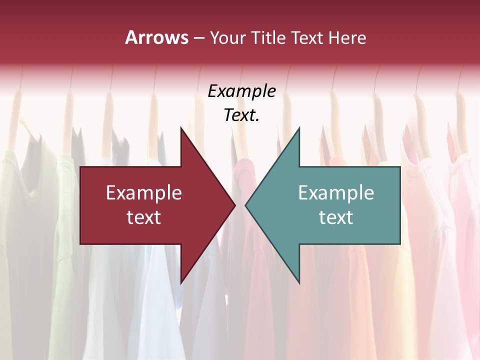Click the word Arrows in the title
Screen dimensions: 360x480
tap(156, 37)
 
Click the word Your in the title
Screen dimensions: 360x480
tap(227, 37)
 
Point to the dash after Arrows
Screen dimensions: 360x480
tap(198, 38)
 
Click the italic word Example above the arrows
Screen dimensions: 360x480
tap(242, 91)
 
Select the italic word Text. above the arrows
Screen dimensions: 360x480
tap(242, 115)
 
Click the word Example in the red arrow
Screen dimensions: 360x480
tap(144, 192)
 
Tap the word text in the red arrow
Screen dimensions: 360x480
tap(144, 217)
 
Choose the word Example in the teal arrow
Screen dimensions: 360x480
tap(336, 192)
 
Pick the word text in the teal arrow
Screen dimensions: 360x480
tap(336, 217)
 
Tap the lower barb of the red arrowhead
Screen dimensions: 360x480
tap(181, 281)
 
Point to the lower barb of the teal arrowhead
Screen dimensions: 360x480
tap(298, 281)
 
